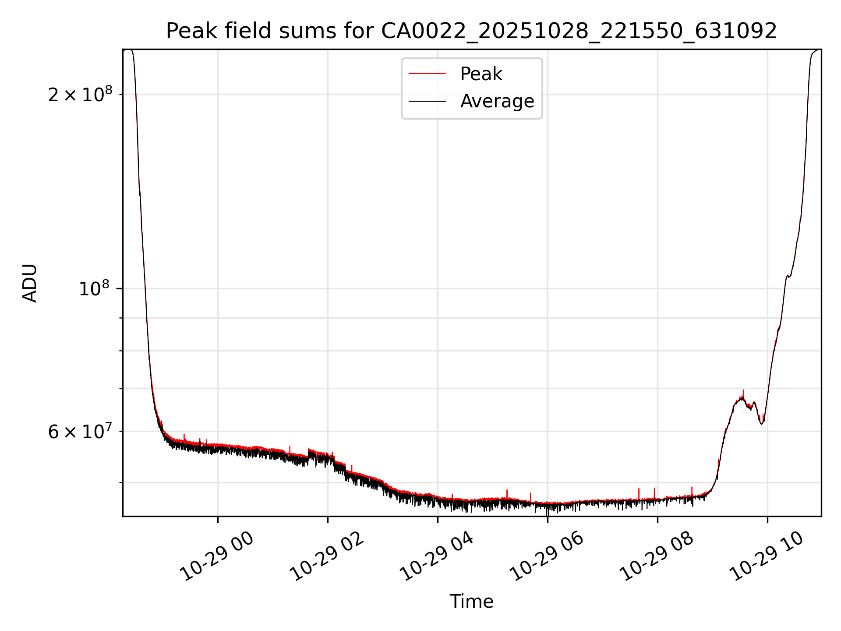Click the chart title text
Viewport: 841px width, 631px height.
pos(471,31)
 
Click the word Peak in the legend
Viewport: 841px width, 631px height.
pos(481,74)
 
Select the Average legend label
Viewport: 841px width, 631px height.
pos(497,101)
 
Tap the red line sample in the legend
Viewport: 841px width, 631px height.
pos(427,74)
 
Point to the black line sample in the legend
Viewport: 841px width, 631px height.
pos(427,101)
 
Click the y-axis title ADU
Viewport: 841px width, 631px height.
pos(30,283)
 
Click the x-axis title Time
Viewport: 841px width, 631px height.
pos(471,602)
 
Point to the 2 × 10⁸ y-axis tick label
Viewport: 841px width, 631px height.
pos(80,94)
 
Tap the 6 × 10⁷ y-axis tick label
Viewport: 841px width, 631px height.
pos(80,432)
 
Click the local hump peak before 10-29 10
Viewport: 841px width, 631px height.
pos(742,398)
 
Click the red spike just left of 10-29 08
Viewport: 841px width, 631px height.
pos(654,489)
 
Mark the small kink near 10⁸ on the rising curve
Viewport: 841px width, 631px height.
pos(788,276)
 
